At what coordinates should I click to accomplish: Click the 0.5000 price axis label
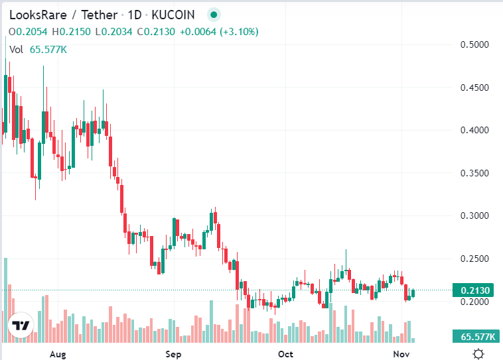point(474,44)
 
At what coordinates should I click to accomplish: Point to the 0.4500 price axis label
point(474,88)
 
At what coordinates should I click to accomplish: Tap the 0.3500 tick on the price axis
point(474,173)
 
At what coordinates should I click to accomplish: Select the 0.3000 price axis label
point(474,215)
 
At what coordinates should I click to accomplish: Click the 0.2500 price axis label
point(474,259)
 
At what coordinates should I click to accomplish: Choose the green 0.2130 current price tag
point(474,290)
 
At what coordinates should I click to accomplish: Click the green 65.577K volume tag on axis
point(474,337)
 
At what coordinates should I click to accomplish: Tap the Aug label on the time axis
point(59,353)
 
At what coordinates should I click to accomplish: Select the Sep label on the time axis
point(173,353)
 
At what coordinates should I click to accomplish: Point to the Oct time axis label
point(286,353)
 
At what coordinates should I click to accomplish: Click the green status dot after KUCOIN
point(213,15)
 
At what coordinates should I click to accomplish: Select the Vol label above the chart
point(17,49)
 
